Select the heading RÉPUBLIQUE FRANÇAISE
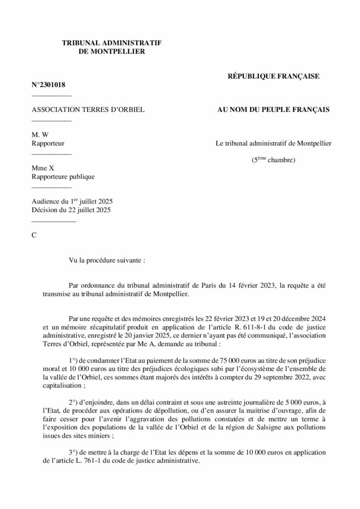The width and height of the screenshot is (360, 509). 273,76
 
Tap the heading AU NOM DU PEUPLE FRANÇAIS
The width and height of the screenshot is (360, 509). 273,109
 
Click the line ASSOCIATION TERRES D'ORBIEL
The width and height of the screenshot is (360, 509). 88,109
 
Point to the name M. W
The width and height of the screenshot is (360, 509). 39,135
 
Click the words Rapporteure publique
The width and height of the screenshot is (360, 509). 63,176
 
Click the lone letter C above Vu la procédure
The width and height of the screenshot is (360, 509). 34,235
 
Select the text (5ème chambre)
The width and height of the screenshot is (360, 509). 273,160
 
